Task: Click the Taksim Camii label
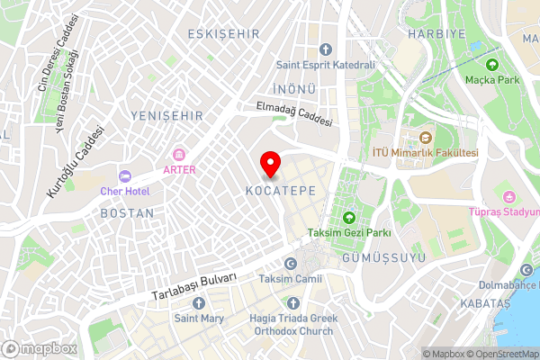pos(290,279)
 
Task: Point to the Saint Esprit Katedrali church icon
pos(326,49)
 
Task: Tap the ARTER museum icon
pos(179,154)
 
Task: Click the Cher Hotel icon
pos(124,175)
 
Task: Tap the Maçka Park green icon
pos(492,65)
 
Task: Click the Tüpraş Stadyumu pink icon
pos(508,197)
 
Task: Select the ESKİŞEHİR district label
pos(223,33)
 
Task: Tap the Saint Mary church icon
pos(199,302)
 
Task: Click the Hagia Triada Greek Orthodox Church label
pos(291,324)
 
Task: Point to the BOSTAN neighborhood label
pos(127,213)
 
